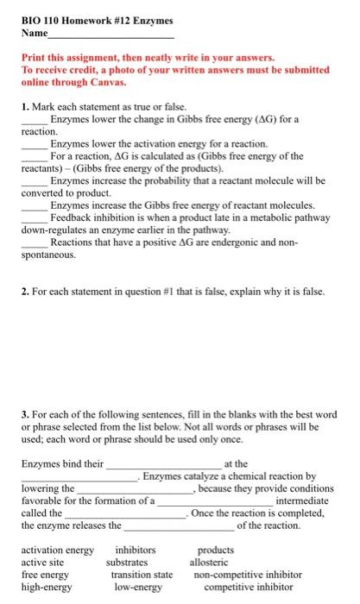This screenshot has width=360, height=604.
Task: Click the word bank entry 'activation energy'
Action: (x=57, y=550)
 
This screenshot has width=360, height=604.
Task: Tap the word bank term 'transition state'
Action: (x=142, y=574)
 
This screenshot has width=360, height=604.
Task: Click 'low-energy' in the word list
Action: (x=140, y=586)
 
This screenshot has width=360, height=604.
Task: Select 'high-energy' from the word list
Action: (x=47, y=586)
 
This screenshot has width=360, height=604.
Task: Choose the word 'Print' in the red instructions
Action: (x=35, y=56)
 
